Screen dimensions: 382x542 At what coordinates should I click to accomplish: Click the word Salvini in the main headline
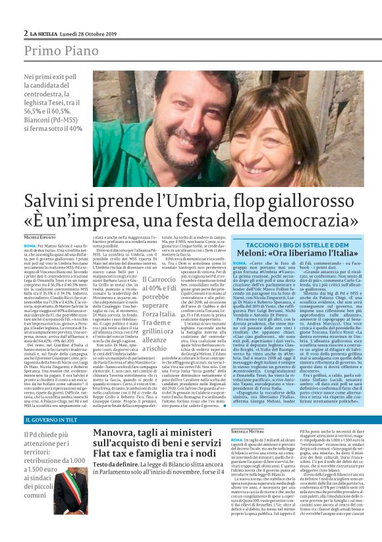tap(53, 201)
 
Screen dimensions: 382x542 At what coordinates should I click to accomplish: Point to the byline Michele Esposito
tap(42, 236)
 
